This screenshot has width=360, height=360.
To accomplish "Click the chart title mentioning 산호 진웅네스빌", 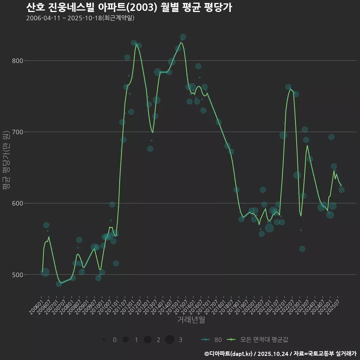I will point(129,7).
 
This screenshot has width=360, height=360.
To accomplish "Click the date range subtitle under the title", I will point(80,18).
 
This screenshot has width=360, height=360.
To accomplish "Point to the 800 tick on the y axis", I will point(18,61).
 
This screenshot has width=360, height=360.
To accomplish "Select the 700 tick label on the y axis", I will point(18,132).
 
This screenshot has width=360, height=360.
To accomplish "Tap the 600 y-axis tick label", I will point(18,203).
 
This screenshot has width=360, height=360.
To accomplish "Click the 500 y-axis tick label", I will point(18,274).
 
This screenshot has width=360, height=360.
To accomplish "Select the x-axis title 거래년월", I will point(191,320).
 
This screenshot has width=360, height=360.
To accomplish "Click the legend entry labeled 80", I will point(211,340).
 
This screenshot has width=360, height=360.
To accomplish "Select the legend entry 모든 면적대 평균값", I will point(259,340).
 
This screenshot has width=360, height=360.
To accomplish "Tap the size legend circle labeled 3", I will point(169,340).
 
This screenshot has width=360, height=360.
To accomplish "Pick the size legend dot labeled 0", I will point(103,340).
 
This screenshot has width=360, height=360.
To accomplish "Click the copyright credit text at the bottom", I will point(280,354).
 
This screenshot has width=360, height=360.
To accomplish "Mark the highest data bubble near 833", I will point(183,37).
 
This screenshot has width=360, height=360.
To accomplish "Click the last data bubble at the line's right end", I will point(341,190).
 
